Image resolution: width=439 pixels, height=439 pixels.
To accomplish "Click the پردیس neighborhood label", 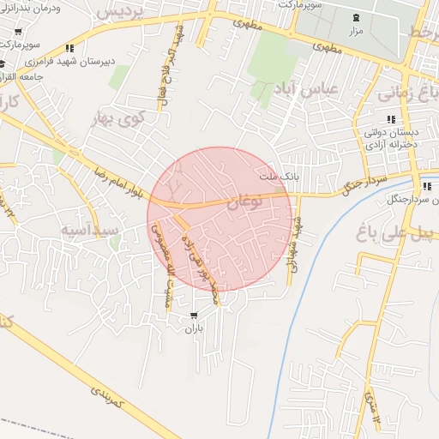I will pyautogui.click(x=122, y=14).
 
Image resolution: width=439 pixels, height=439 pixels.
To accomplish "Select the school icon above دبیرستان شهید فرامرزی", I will pyautogui.click(x=69, y=49).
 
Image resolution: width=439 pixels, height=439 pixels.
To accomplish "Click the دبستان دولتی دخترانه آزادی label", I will pyautogui.click(x=391, y=138).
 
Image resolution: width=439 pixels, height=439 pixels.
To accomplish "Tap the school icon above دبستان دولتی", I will pyautogui.click(x=391, y=119).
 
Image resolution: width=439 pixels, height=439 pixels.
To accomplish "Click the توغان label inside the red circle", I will pyautogui.click(x=245, y=204).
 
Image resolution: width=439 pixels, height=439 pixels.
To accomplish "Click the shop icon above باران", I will pyautogui.click(x=194, y=316).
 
